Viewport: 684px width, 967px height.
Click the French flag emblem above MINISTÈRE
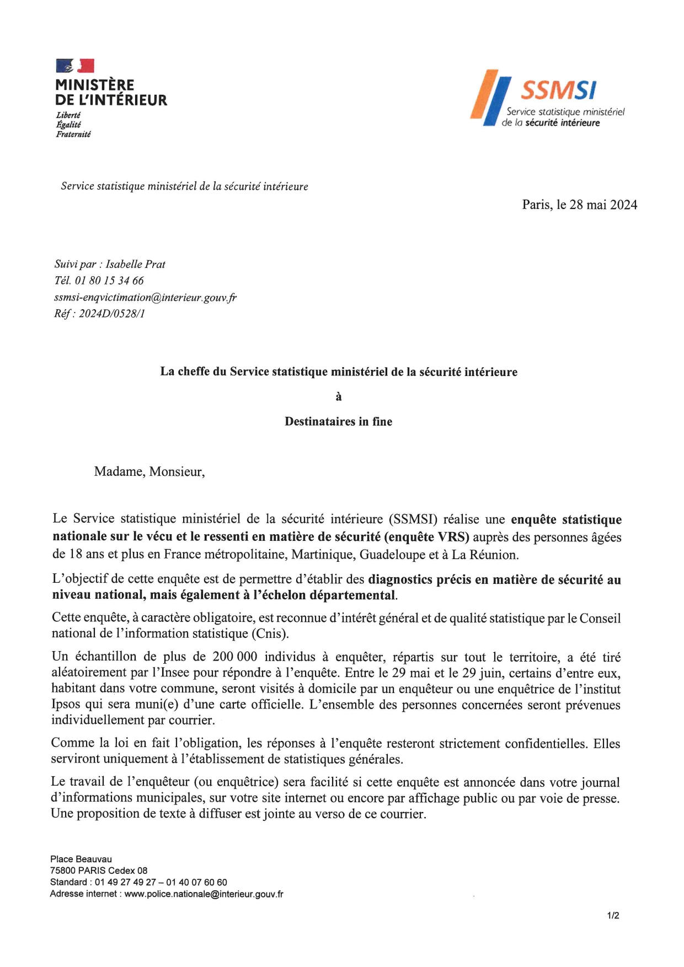click(x=75, y=66)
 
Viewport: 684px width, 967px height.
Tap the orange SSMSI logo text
click(x=558, y=90)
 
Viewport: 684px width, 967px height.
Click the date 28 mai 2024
click(x=603, y=205)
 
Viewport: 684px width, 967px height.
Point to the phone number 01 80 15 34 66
click(x=109, y=281)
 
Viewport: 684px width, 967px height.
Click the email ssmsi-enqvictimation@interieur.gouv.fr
click(x=145, y=298)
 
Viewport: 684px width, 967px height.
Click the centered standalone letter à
click(x=339, y=397)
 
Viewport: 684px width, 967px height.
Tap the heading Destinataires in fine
click(x=338, y=422)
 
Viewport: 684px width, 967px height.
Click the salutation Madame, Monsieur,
click(x=149, y=472)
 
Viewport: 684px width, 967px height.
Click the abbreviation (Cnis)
click(x=270, y=634)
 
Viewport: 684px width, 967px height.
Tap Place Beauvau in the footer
click(x=81, y=859)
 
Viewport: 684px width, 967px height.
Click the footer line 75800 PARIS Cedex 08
click(x=99, y=871)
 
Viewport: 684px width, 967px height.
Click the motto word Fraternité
click(x=73, y=134)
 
